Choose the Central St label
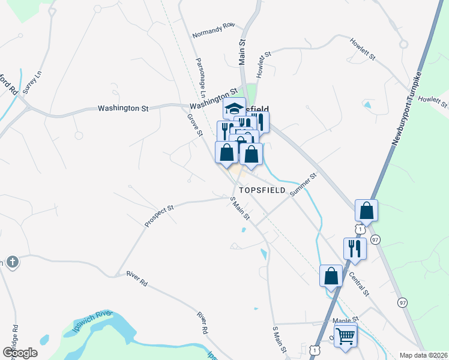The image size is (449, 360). click(359, 284)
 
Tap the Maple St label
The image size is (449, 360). click(346, 320)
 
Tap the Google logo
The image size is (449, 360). click(20, 352)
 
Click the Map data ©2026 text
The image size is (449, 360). click(423, 355)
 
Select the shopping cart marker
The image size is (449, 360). click(345, 336)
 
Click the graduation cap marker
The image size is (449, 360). click(234, 109)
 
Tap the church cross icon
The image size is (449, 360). click(11, 262)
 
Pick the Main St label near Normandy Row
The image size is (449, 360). click(243, 52)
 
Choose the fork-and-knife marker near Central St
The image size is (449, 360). click(355, 248)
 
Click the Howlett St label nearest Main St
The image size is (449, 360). click(265, 64)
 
